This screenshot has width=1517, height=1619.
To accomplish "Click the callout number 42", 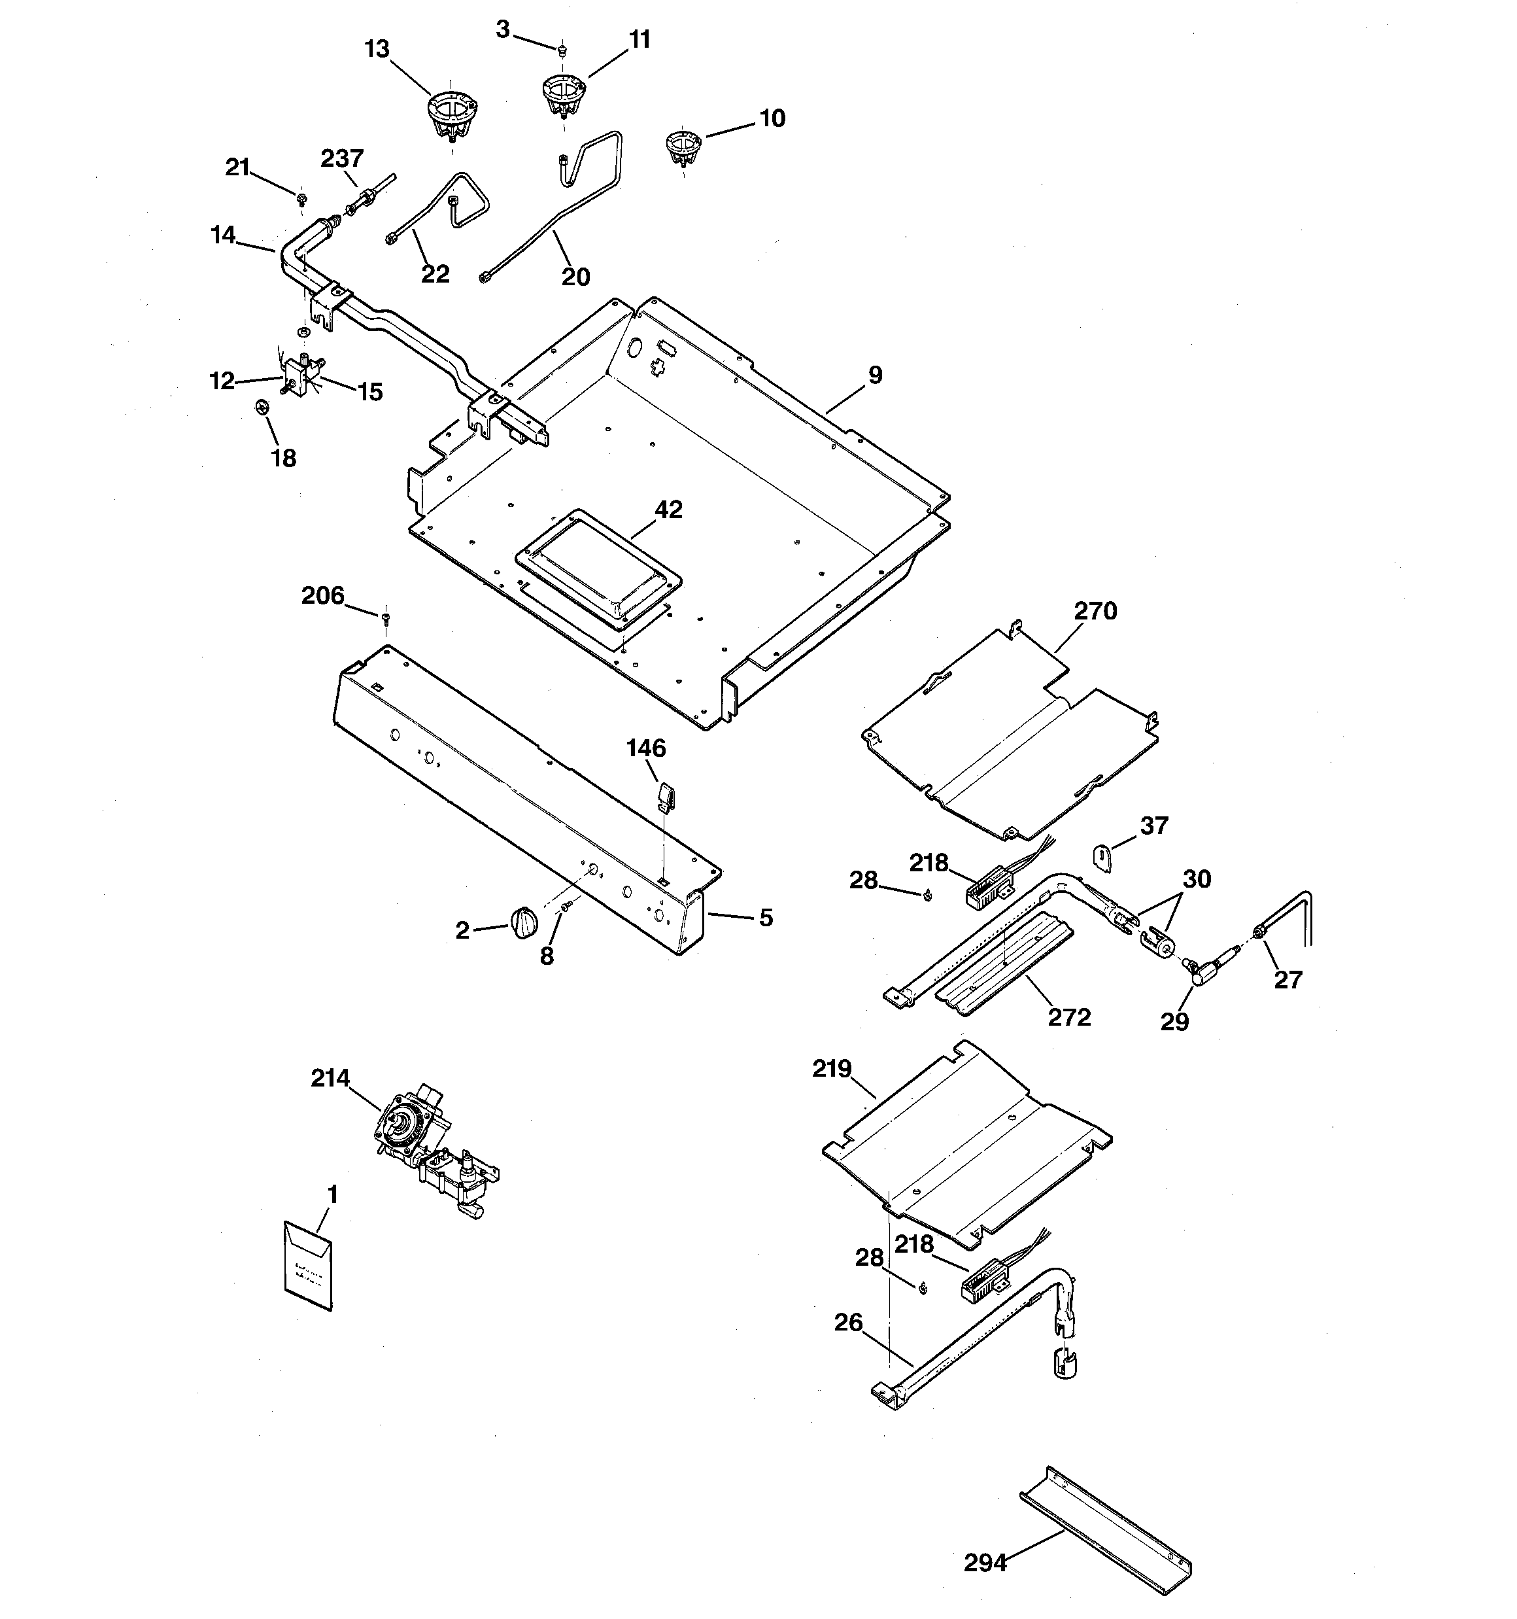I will click(668, 510).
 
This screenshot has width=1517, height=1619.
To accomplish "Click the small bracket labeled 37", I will click(1102, 858).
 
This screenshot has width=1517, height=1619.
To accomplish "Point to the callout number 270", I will click(1095, 611).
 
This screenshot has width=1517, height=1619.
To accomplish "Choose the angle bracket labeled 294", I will click(1106, 1522).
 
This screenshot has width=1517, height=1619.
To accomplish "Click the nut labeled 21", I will click(302, 196).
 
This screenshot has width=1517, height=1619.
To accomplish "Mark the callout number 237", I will click(342, 158).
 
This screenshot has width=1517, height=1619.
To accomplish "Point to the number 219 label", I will click(831, 1068).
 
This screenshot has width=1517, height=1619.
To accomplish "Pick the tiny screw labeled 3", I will click(561, 50).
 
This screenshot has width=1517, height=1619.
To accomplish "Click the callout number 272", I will click(1069, 1017).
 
